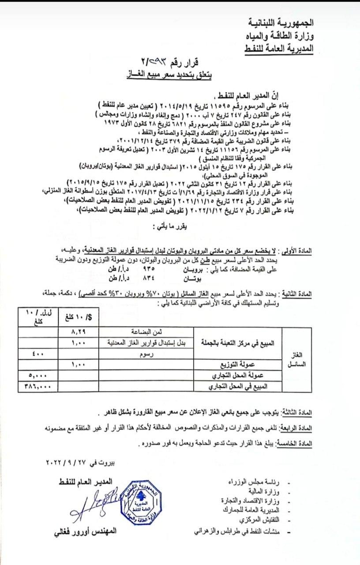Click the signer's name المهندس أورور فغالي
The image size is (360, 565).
pyautogui.click(x=83, y=531)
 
